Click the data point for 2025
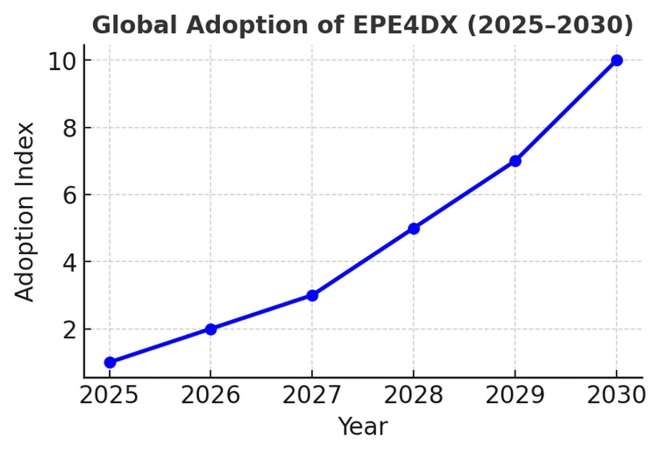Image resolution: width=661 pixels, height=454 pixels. [x=110, y=362]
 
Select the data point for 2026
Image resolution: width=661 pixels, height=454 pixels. [x=211, y=329]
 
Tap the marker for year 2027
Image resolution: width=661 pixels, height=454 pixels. [x=312, y=295]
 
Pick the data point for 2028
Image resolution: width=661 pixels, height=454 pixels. [x=414, y=229]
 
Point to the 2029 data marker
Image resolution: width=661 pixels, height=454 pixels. [x=515, y=161]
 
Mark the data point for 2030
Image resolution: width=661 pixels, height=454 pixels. [x=617, y=60]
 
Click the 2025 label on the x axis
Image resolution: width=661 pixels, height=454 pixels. [x=109, y=396]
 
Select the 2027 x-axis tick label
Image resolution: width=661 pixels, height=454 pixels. [x=312, y=396]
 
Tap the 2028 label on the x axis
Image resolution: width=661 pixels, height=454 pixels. [x=413, y=396]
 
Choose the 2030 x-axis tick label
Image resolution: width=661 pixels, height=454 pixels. [x=616, y=396]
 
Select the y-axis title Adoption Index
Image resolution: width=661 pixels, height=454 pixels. [x=25, y=212]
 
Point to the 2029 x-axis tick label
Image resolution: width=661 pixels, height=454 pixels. [x=515, y=396]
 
